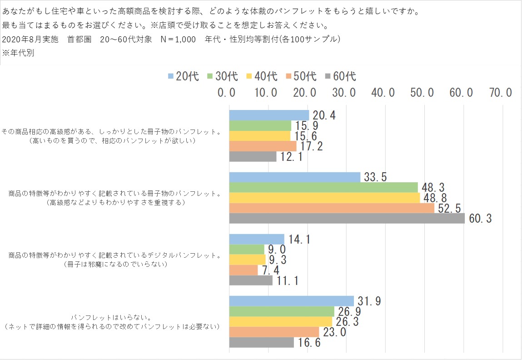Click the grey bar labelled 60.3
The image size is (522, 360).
click(347, 219)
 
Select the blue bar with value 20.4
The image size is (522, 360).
click(269, 115)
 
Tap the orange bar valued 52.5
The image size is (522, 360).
click(332, 208)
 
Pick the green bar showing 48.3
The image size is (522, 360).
click(323, 187)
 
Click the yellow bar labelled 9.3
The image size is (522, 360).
click(247, 260)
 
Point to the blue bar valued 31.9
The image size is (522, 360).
click(291, 301)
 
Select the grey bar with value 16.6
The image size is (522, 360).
click(261, 342)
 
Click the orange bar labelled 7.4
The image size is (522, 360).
click(243, 270)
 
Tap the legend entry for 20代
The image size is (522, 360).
click(183, 76)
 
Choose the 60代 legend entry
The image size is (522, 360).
click(340, 76)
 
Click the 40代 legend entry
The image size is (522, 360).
click(262, 76)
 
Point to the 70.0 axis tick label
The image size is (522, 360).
click(501, 93)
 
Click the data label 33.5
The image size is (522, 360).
click(375, 177)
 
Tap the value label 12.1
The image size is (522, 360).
click(291, 157)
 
